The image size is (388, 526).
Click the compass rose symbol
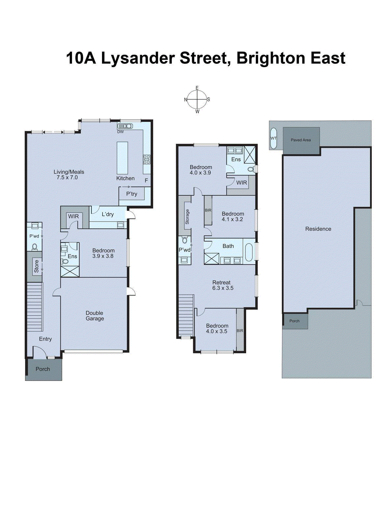tap(197, 100)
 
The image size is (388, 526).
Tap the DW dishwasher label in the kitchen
tap(120, 132)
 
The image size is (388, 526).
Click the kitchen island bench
tap(122, 158)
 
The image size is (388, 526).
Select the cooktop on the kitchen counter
tap(146, 159)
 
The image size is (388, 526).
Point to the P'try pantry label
tap(132, 194)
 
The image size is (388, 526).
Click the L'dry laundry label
tap(108, 214)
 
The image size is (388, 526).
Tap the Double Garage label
tap(95, 316)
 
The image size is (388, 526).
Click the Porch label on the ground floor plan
tap(43, 369)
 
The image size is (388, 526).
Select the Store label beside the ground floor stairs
tap(37, 266)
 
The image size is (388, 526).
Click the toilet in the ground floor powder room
tap(35, 247)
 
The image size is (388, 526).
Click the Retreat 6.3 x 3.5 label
tap(222, 285)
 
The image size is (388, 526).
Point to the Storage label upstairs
tap(187, 217)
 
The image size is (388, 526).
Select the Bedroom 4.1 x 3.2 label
tap(232, 216)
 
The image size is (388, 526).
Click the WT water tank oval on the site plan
tap(273, 138)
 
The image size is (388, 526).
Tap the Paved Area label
tap(300, 140)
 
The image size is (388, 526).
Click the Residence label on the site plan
tap(318, 229)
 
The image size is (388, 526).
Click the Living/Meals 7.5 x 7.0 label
tap(69, 175)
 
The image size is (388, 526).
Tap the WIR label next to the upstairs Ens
tap(242, 183)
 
